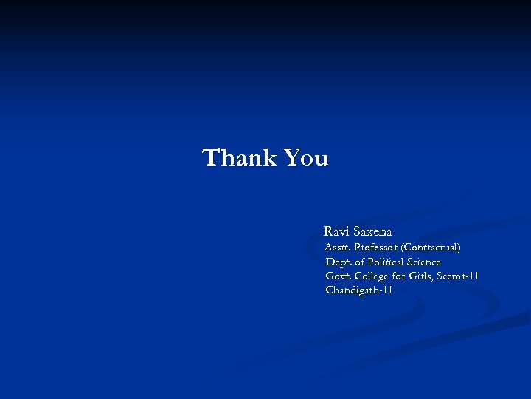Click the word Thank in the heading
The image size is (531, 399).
coord(238,157)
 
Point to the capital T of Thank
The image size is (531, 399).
coord(212,157)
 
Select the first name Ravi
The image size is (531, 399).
coord(336,231)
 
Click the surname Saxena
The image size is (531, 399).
coord(372,231)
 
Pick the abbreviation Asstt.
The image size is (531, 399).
coord(337,247)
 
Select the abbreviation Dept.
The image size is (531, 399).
coord(339,262)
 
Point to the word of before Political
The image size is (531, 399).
coord(360,262)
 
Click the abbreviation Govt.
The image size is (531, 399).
coord(339,276)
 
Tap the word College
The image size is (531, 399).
coord(371,276)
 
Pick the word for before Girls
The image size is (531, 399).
coord(399,276)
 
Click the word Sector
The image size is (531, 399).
coord(451,276)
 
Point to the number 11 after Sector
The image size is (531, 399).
coord(473,276)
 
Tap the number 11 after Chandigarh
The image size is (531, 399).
coord(387,290)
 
